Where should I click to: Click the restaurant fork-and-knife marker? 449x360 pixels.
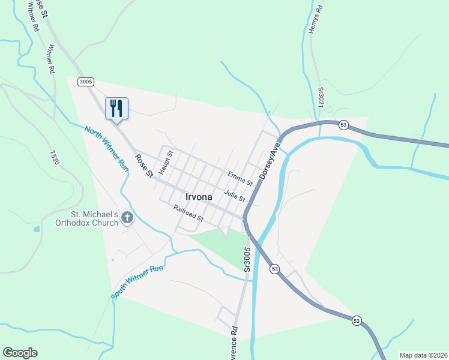[116, 108]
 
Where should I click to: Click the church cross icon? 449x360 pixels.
[127, 217]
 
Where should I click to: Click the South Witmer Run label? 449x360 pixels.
[137, 283]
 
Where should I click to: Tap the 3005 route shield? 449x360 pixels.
[85, 82]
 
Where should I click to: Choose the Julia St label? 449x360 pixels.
[235, 195]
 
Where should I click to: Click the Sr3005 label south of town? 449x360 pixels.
[246, 259]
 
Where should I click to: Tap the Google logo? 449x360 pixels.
[20, 353]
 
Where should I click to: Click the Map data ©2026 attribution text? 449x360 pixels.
[423, 355]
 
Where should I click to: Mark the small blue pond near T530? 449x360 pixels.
[37, 229]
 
